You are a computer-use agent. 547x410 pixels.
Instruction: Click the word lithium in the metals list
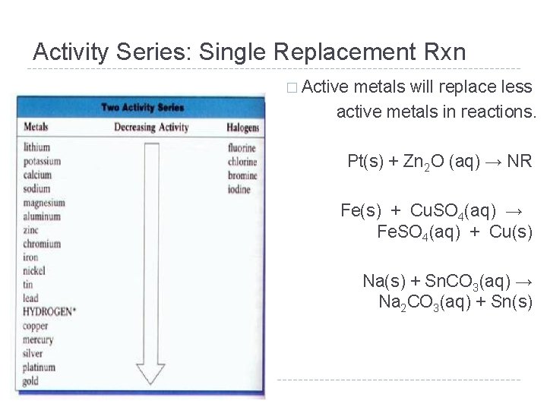click(36, 147)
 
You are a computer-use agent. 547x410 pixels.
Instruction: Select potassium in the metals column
click(41, 161)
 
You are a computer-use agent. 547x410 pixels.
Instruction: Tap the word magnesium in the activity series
click(44, 203)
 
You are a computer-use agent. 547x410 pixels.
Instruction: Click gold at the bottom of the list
click(31, 381)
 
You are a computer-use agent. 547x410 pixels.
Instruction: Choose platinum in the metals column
click(40, 367)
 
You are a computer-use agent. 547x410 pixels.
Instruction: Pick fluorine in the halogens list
click(242, 148)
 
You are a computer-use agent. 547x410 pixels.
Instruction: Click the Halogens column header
click(243, 128)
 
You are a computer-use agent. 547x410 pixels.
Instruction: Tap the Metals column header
click(36, 127)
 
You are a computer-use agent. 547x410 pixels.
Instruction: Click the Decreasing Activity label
click(151, 128)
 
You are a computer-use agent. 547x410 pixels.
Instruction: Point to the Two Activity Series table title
click(142, 107)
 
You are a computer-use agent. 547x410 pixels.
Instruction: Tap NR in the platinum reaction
click(522, 161)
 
